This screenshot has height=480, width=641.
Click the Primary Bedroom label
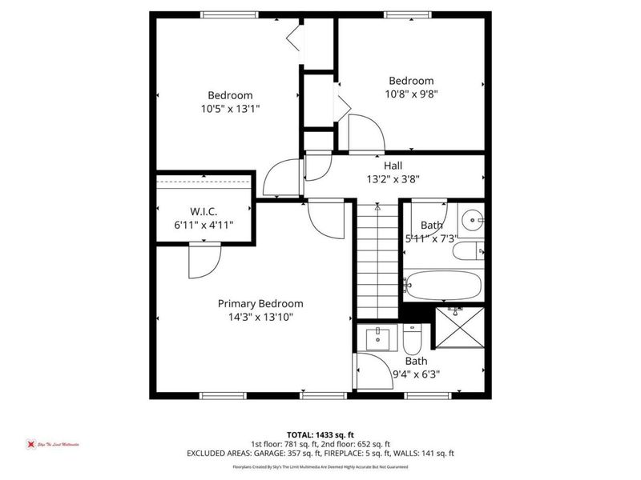[260, 303]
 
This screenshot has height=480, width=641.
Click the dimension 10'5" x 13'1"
[230, 108]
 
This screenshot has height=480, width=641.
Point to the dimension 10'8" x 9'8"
[411, 94]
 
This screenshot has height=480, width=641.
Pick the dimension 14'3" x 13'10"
[260, 317]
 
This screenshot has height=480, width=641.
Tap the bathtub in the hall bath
[442, 284]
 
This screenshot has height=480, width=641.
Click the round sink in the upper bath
[472, 218]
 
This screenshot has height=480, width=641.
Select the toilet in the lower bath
[412, 340]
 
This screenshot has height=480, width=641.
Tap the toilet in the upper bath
[467, 252]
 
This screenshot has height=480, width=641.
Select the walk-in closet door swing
[203, 261]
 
